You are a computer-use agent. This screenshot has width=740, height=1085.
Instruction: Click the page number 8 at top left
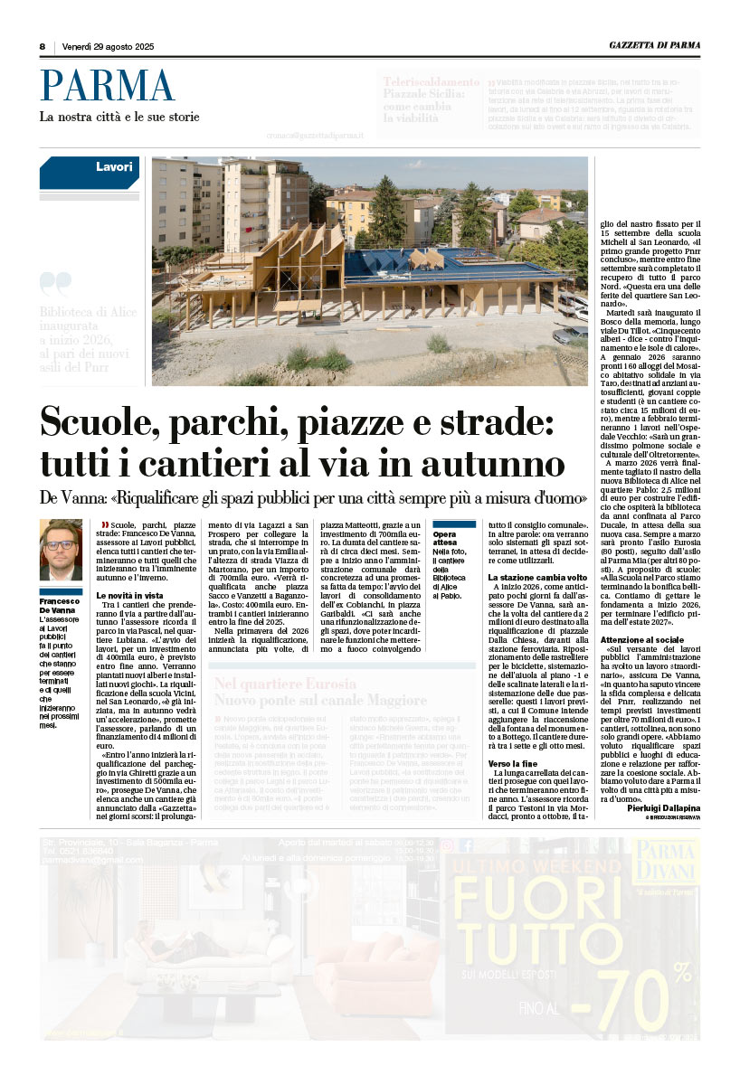[x=43, y=47]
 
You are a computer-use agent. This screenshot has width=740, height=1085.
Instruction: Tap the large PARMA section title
[x=106, y=87]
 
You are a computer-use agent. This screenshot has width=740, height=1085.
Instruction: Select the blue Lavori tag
[x=113, y=167]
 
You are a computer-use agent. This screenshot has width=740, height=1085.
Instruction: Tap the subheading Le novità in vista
[x=129, y=596]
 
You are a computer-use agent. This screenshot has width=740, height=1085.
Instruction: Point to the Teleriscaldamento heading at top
[x=431, y=81]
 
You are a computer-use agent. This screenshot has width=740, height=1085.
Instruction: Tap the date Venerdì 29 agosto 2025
[x=108, y=47]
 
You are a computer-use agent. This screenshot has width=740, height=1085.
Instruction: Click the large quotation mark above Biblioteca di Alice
[x=56, y=285]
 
